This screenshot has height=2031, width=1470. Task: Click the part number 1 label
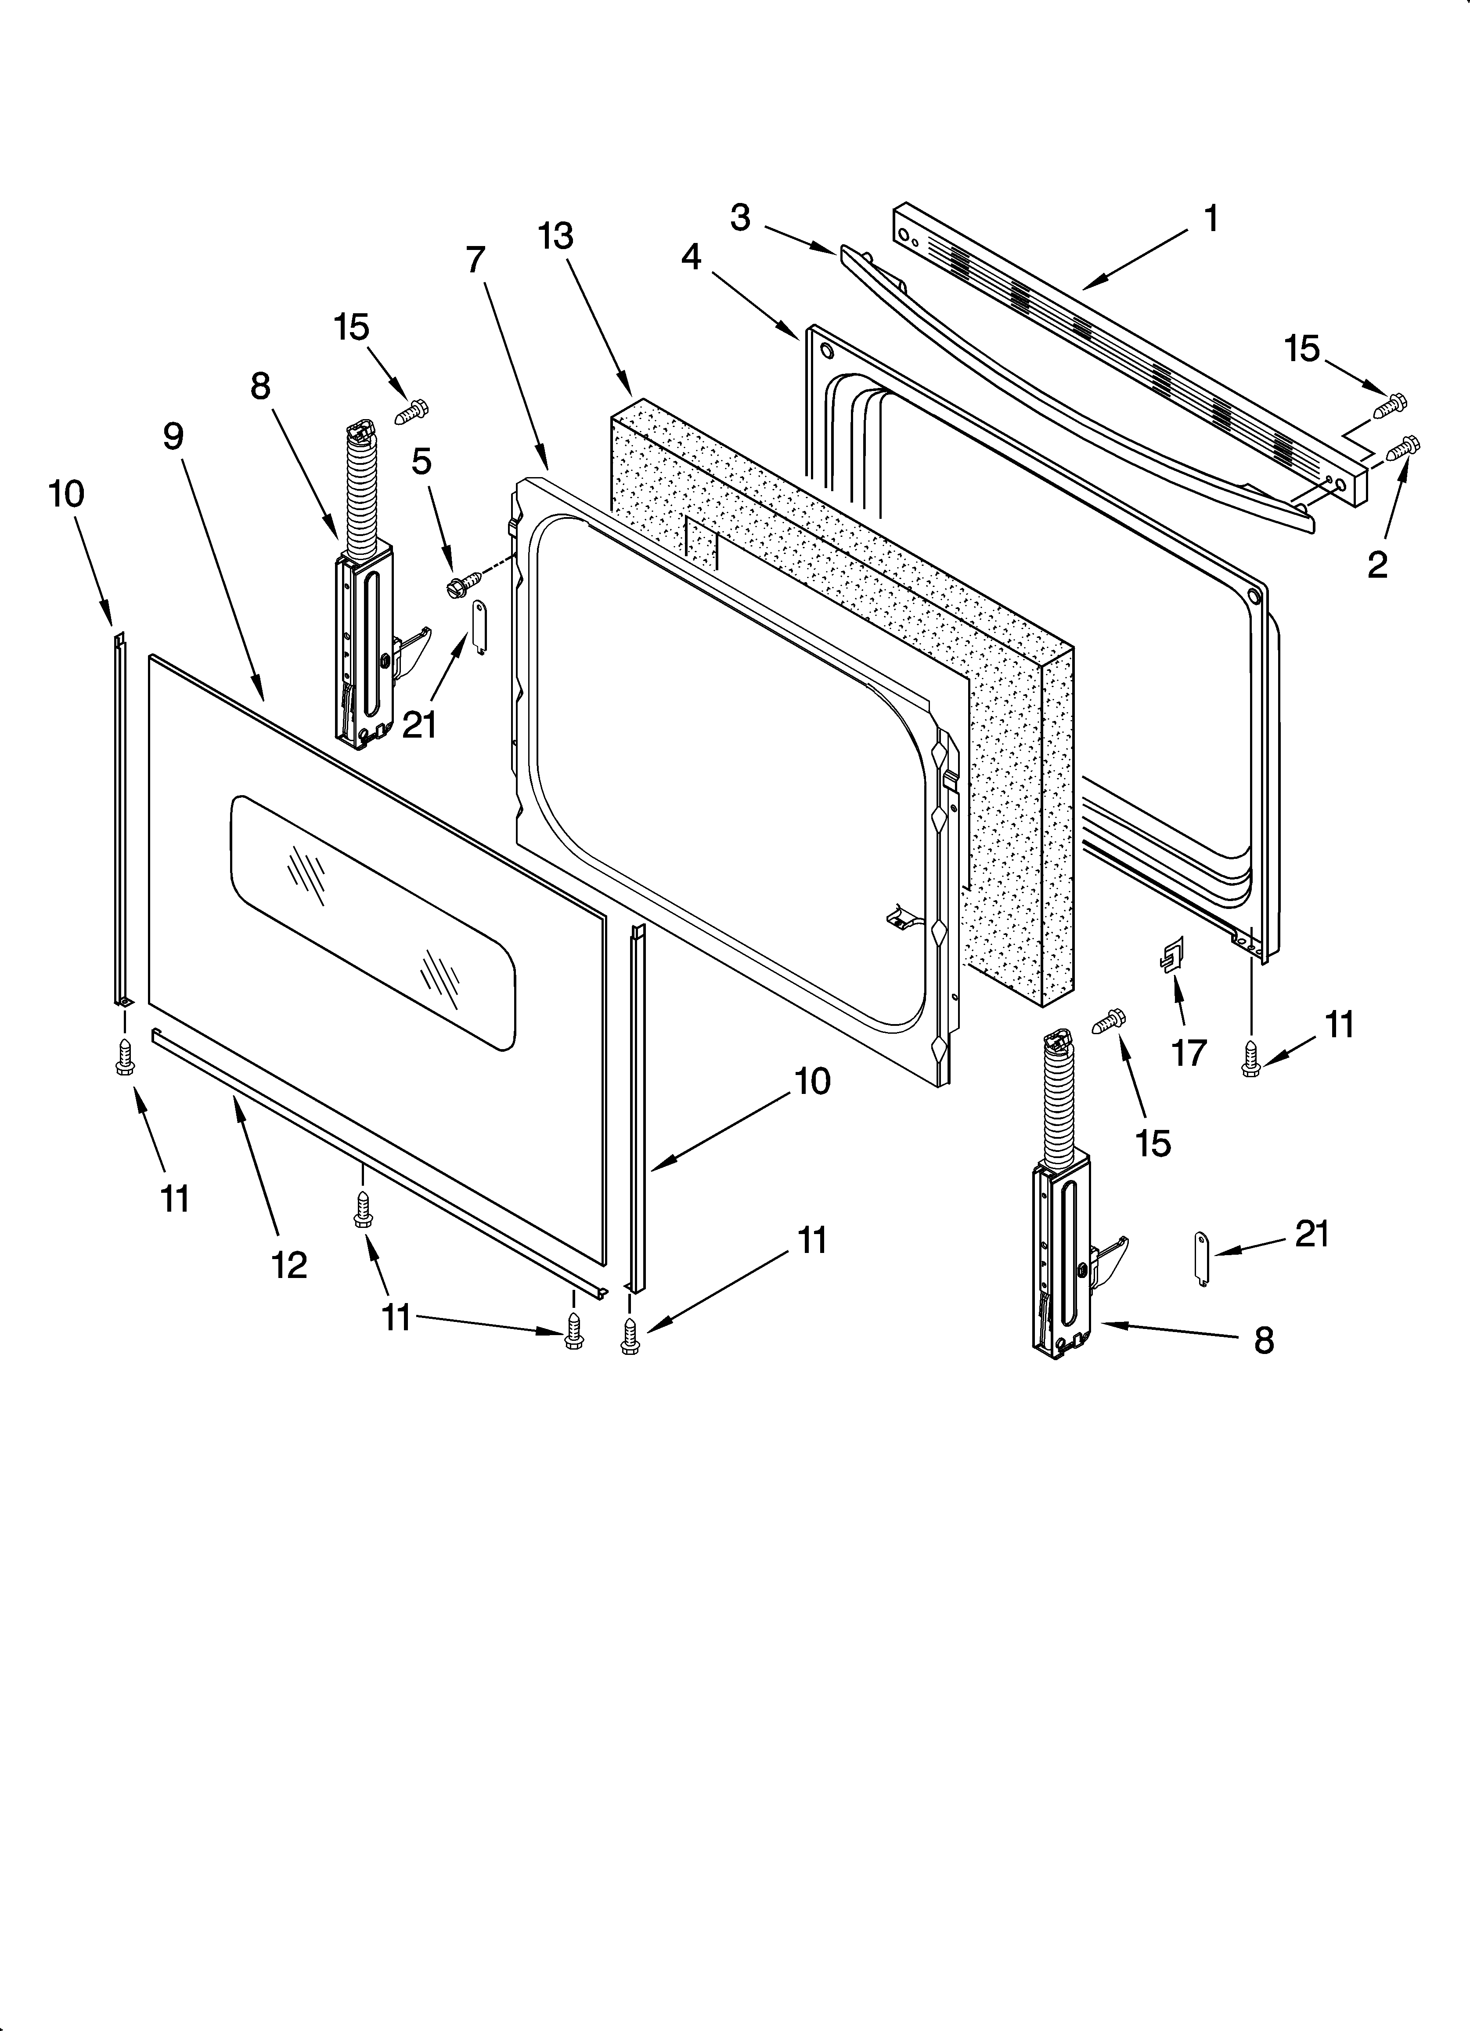click(x=1211, y=218)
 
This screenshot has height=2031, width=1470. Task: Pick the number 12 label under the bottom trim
click(x=289, y=1264)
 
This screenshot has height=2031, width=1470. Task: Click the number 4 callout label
click(x=691, y=257)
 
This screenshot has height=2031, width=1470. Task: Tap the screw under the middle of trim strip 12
click(x=363, y=1211)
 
